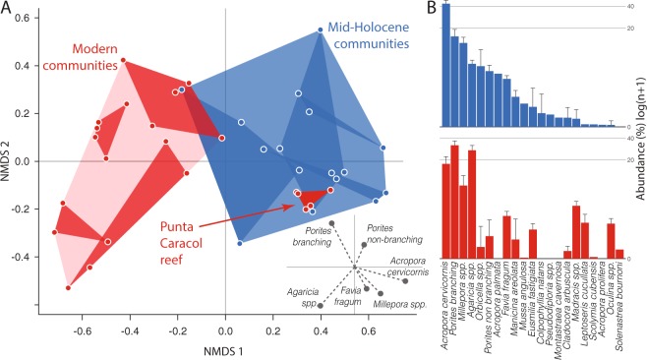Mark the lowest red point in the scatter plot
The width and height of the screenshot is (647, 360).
pos(68,288)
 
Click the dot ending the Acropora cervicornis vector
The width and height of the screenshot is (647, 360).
pos(404,281)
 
